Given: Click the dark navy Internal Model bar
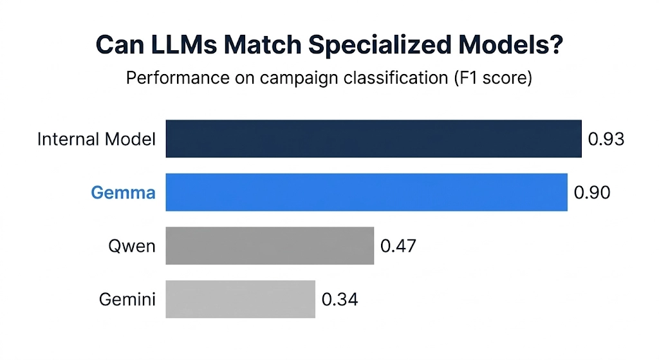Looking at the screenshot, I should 373,138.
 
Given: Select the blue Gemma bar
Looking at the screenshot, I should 366,192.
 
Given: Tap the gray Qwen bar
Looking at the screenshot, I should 270,245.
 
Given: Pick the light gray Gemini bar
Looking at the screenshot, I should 240,299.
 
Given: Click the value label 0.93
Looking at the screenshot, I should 606,138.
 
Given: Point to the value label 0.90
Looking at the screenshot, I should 591,192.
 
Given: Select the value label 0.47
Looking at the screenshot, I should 398,245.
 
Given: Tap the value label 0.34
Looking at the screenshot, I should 340,299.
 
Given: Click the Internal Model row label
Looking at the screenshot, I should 97,138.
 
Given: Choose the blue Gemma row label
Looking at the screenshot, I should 123,192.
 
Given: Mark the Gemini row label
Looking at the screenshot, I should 127,299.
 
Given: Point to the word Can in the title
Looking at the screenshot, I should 120,46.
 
